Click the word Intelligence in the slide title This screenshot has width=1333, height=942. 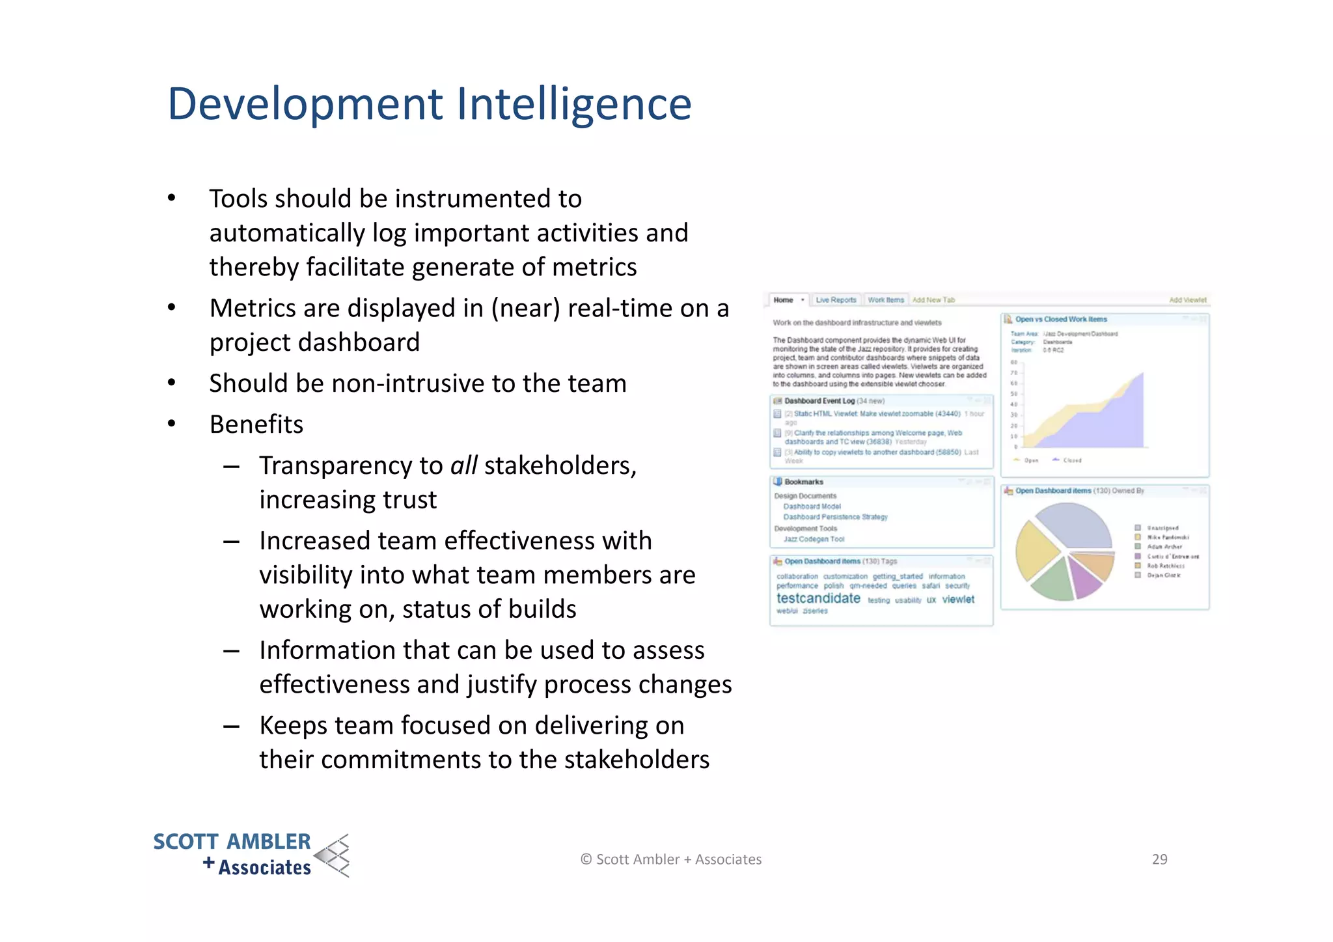573,104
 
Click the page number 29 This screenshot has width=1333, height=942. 1159,859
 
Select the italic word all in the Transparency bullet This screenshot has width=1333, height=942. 463,465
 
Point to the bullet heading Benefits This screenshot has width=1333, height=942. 256,424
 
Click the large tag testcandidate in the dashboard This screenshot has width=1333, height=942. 818,598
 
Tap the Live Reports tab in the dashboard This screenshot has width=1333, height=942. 836,300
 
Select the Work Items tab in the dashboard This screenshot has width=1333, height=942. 886,300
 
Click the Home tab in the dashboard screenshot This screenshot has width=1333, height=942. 784,300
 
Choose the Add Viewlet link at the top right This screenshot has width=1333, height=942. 1187,300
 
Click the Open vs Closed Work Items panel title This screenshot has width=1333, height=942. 1061,319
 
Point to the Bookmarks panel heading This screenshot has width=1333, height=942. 804,482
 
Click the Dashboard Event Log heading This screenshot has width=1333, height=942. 819,401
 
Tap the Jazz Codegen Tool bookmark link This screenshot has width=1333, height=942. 814,539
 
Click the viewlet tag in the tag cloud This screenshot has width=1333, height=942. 958,600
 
